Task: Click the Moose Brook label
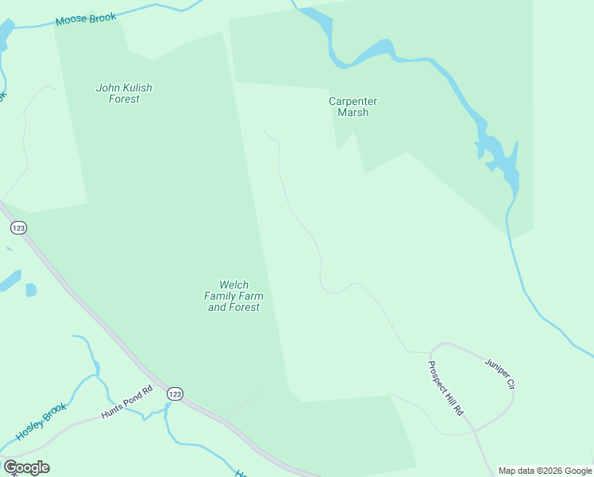pos(86,17)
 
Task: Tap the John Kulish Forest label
pos(124,94)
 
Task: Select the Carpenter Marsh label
pos(353,107)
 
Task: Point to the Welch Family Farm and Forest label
pos(233,296)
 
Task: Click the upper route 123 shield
pos(19,228)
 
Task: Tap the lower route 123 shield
pos(175,394)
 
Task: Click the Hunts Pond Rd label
pos(126,403)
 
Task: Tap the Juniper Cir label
pos(500,373)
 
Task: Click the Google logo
pos(26,467)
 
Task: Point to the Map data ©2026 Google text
pos(545,471)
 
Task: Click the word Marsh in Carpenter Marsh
pos(353,113)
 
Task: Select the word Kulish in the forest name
pos(137,88)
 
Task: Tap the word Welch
pos(233,285)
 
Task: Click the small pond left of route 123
pos(30,290)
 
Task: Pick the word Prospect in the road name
pos(439,378)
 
